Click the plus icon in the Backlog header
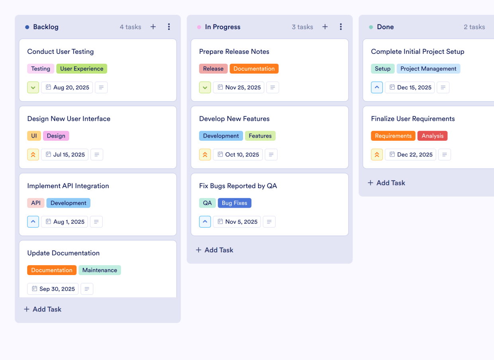pyautogui.click(x=153, y=27)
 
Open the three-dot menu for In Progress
pyautogui.click(x=341, y=27)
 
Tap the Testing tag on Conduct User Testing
pyautogui.click(x=41, y=69)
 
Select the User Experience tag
pyautogui.click(x=82, y=69)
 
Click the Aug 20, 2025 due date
pyautogui.click(x=67, y=87)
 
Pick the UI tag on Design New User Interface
pyautogui.click(x=34, y=136)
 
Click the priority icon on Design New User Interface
pyautogui.click(x=33, y=155)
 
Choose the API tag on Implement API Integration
pyautogui.click(x=36, y=203)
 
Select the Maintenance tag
pyautogui.click(x=100, y=270)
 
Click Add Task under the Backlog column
pyautogui.click(x=43, y=309)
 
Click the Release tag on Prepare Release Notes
pyautogui.click(x=213, y=69)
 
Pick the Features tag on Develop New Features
pyautogui.click(x=260, y=136)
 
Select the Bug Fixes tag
pyautogui.click(x=234, y=203)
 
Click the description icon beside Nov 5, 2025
pyautogui.click(x=269, y=222)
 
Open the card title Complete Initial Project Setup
pyautogui.click(x=418, y=51)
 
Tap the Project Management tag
pyautogui.click(x=428, y=69)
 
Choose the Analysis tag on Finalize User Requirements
pyautogui.click(x=432, y=136)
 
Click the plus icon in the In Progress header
pyautogui.click(x=325, y=27)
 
